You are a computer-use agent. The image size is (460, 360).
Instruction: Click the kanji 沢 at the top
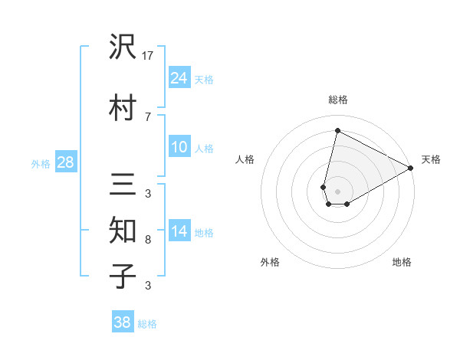123,48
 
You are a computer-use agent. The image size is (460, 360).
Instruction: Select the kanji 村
123,107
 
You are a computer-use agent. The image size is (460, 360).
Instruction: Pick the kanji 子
123,277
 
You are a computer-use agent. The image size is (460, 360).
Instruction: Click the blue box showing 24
179,77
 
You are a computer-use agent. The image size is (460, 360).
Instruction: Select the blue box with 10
179,147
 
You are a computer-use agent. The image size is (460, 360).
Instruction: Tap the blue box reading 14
179,231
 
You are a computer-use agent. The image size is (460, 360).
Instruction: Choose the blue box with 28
65,162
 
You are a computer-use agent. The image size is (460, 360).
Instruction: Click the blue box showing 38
123,322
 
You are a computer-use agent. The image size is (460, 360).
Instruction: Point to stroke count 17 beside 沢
148,55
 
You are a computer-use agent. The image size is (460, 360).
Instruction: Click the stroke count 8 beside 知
148,240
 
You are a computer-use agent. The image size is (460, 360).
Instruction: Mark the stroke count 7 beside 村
148,116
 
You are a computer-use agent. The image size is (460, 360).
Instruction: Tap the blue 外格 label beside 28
41,163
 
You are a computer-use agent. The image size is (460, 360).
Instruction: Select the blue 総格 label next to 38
147,324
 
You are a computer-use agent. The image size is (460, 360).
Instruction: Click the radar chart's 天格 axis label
431,159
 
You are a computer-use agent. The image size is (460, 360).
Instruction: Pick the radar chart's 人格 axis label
245,159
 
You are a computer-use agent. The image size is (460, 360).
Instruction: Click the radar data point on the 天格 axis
411,168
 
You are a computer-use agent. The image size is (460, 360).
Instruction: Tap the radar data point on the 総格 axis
337,131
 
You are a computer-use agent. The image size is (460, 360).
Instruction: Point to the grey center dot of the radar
337,191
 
